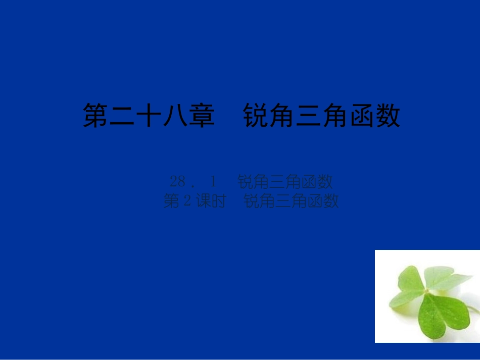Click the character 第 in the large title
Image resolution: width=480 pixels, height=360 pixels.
tap(97, 117)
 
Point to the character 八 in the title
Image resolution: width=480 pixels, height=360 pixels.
tap(176, 117)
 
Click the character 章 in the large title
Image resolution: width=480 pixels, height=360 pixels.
tap(203, 117)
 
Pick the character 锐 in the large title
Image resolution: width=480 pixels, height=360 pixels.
tap(256, 117)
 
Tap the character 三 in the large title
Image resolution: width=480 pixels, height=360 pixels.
tap(308, 117)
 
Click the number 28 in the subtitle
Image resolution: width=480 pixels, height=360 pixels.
tap(178, 181)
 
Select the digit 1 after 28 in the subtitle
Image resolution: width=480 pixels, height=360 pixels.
tap(213, 181)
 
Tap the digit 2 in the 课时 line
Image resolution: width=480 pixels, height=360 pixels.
tap(186, 201)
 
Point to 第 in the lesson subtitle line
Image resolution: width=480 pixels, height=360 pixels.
tap(172, 201)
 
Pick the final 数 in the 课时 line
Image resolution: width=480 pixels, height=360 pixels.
tap(330, 201)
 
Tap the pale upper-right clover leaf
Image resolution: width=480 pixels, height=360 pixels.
tap(445, 278)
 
